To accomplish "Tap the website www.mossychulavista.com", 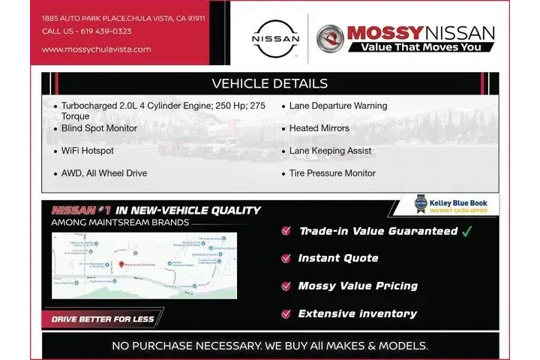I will (96, 49).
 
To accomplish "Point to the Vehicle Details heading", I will (269, 83).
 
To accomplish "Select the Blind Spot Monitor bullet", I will (99, 128).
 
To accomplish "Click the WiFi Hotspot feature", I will (88, 151).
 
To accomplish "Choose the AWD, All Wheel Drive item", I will (104, 173).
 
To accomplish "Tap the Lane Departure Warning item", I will (338, 106).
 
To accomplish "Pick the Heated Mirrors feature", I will (319, 128).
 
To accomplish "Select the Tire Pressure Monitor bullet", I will (332, 173).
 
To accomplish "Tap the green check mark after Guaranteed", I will (467, 231).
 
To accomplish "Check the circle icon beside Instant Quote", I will (286, 259).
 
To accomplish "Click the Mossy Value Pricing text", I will (358, 286).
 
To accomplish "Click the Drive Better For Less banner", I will (103, 319).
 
